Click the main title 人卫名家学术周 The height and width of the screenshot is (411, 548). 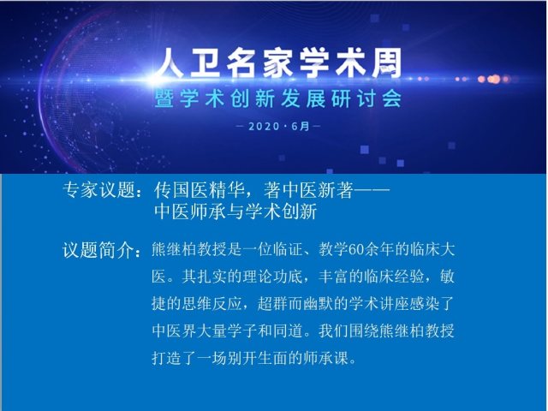click(278, 63)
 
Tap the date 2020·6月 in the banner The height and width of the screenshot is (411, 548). click(279, 126)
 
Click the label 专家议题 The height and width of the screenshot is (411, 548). click(99, 190)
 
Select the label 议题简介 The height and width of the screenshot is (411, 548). click(99, 250)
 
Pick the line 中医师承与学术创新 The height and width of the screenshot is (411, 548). click(235, 211)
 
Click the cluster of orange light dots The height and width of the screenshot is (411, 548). click(493, 80)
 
